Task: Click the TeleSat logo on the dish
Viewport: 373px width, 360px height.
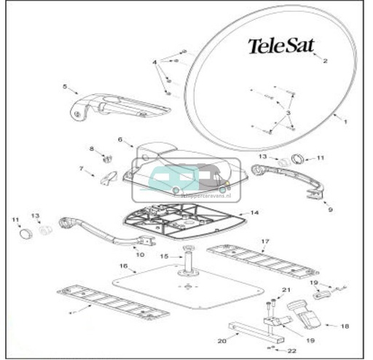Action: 281,46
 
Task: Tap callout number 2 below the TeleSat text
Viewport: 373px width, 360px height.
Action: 326,61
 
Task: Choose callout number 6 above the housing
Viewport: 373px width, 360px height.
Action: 119,138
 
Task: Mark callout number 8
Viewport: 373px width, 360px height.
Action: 92,149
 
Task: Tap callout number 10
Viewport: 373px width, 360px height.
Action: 140,255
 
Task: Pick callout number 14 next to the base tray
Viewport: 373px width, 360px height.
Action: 254,213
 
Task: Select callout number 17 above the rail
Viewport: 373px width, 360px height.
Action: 265,240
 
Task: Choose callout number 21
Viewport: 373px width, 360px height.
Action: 286,290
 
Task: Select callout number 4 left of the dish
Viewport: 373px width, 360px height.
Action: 154,63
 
